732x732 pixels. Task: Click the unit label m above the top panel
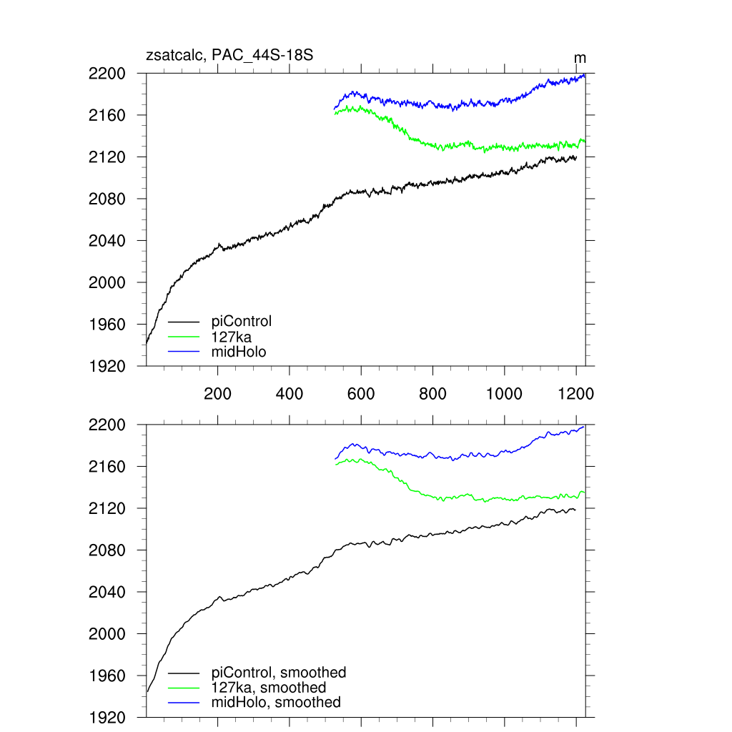point(580,58)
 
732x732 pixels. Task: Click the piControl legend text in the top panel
point(242,321)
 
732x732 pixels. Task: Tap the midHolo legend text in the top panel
point(239,351)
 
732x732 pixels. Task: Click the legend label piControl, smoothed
point(279,673)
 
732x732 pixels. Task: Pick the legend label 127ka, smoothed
point(269,688)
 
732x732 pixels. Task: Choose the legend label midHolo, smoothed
point(276,703)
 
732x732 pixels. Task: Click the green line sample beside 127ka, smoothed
point(184,688)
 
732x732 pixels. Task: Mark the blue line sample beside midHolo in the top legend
point(184,351)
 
